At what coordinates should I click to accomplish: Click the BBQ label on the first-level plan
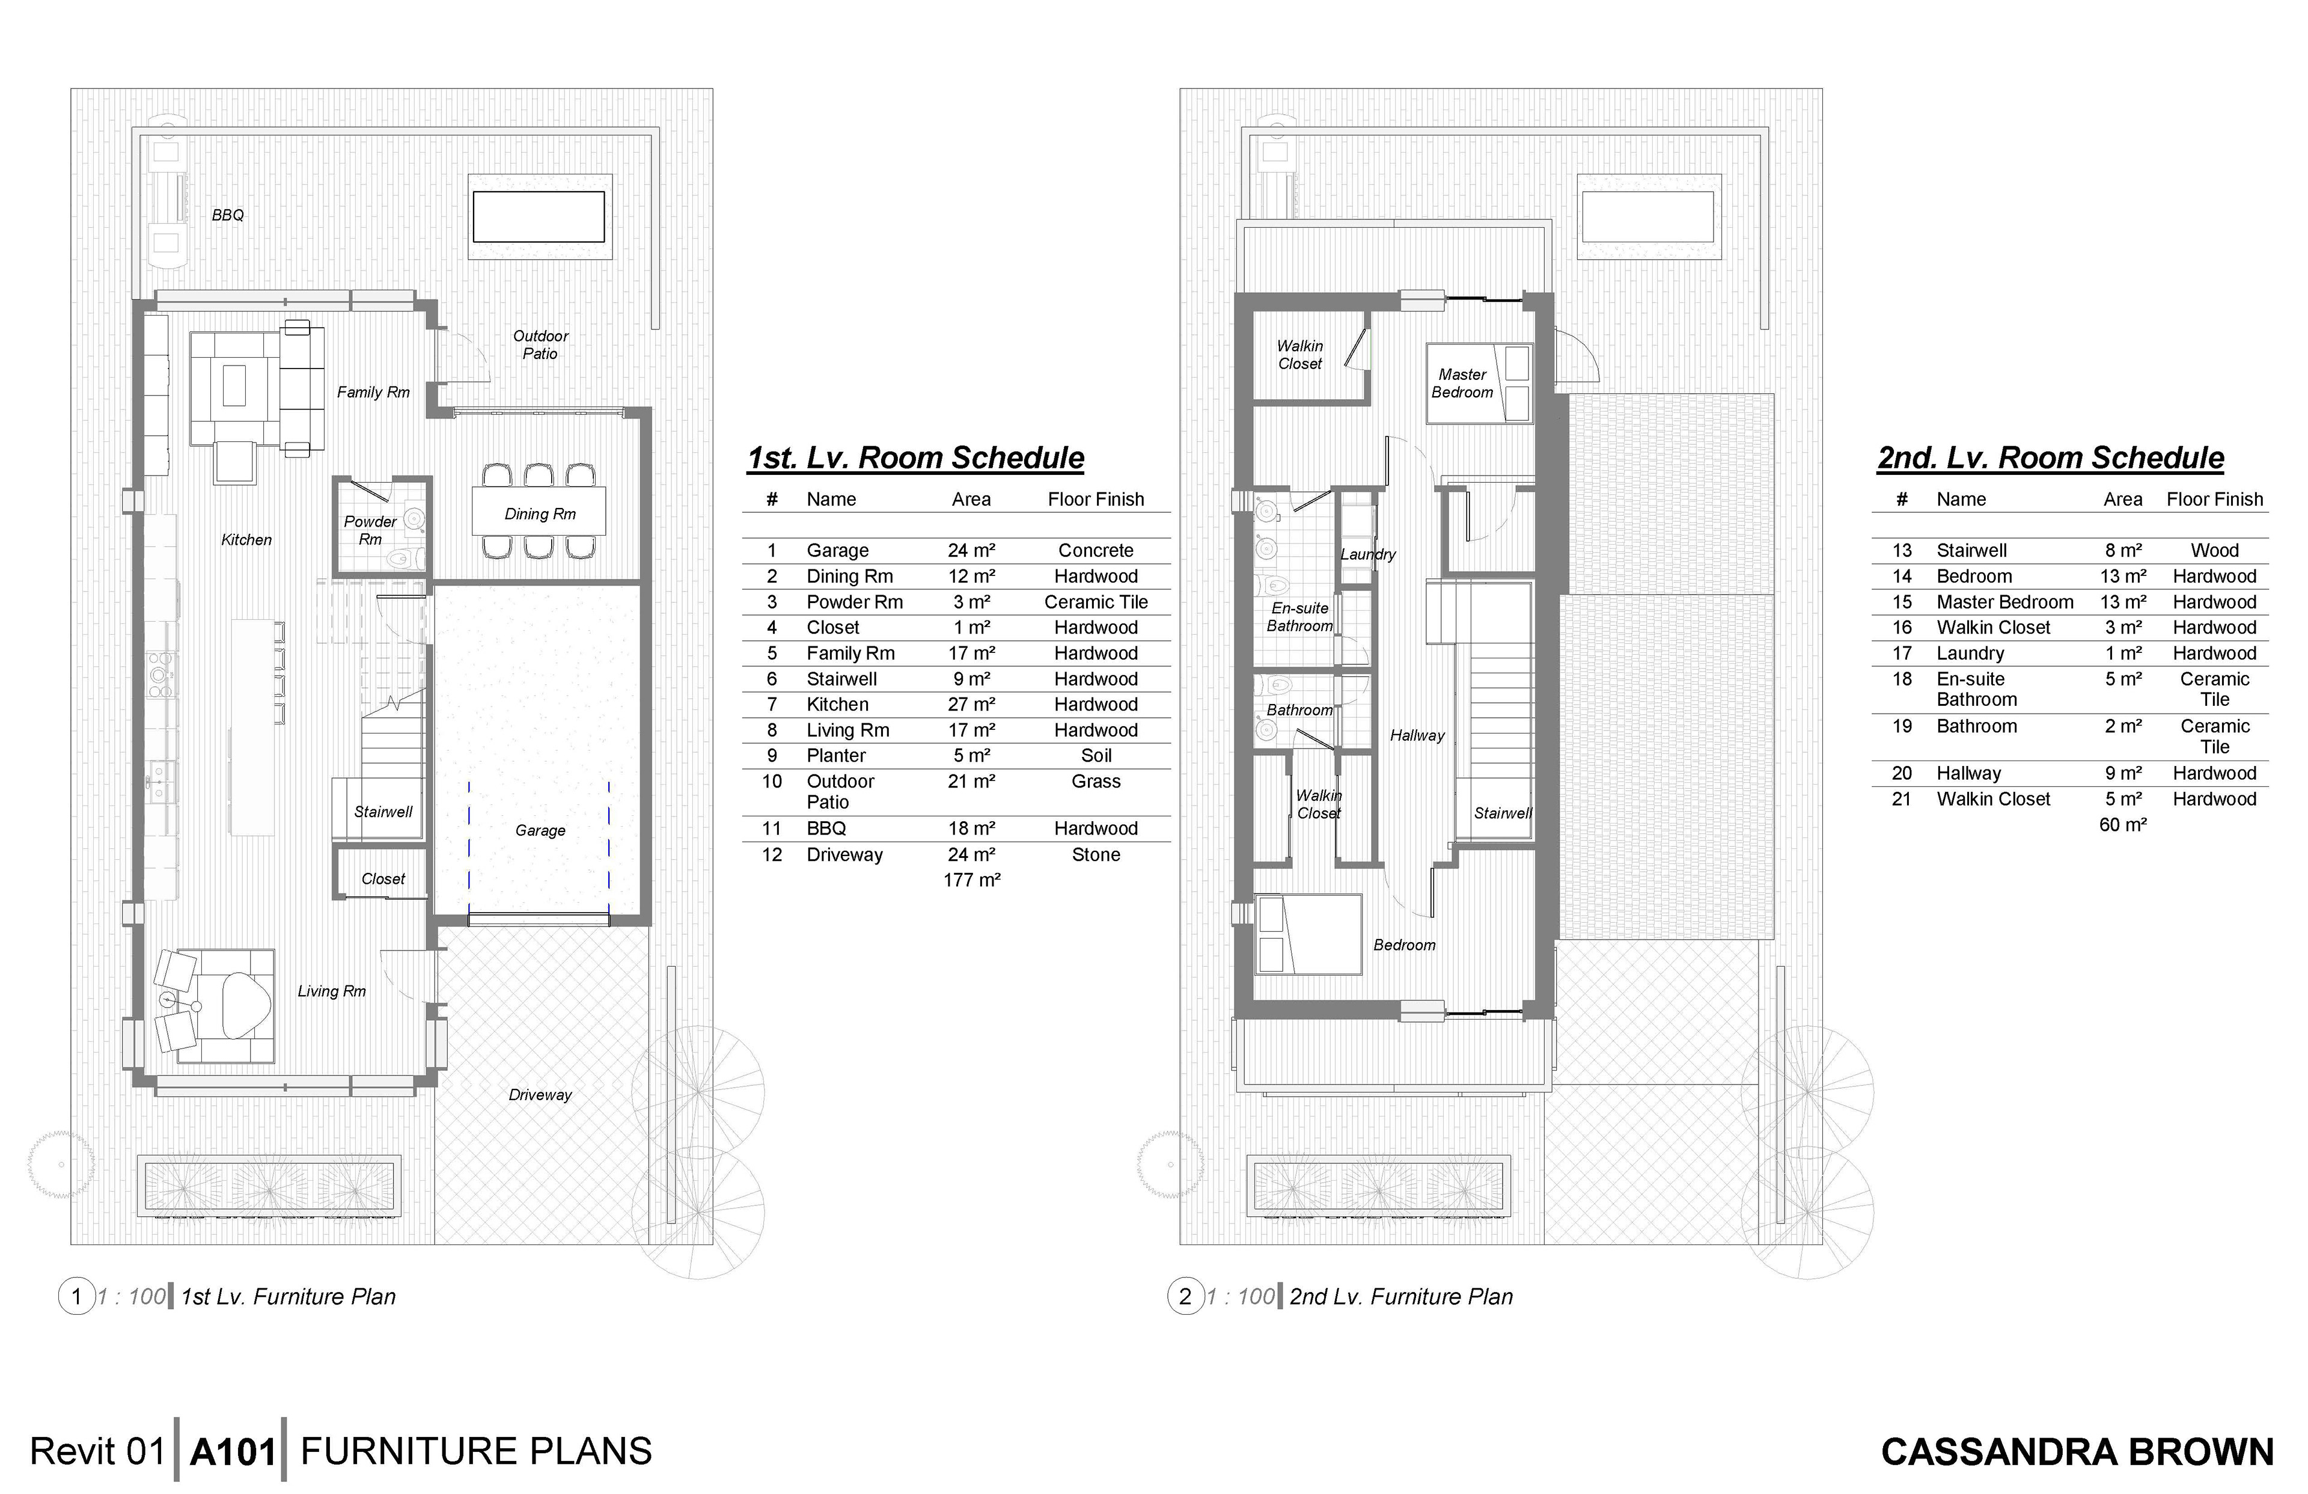(228, 215)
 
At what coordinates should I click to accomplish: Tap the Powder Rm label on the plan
(370, 530)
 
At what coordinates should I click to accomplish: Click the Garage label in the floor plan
(540, 830)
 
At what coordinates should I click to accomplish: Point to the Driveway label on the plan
(540, 1095)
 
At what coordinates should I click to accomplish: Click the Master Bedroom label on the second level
(1462, 383)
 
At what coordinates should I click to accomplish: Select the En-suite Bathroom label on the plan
(1299, 617)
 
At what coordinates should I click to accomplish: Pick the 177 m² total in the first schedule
(972, 880)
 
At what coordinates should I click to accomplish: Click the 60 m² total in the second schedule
(2123, 825)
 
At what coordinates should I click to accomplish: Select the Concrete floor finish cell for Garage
(1096, 550)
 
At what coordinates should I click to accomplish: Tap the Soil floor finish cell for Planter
(1096, 756)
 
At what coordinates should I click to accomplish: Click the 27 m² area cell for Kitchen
(972, 705)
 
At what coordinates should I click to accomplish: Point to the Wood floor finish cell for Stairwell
(2215, 550)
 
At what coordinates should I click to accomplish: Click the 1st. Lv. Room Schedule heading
(915, 458)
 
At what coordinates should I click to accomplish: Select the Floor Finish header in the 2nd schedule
(2215, 500)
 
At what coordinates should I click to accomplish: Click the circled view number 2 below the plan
(1185, 1297)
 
